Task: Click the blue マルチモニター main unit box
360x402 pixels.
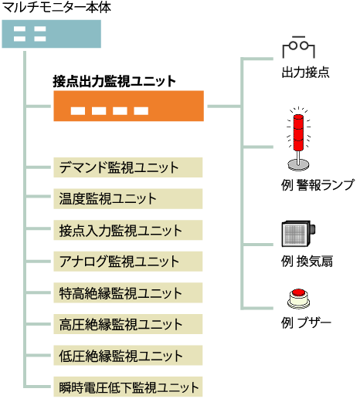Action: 52,34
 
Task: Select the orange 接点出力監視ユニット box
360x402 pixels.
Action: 128,106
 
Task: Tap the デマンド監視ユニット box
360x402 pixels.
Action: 128,167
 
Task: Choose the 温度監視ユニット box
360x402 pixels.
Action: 128,199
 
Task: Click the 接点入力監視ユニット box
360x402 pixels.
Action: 128,230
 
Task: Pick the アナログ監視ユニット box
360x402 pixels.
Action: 128,262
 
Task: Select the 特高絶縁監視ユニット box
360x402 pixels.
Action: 128,292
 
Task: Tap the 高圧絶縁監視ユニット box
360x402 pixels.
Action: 128,324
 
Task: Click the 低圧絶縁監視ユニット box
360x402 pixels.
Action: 128,356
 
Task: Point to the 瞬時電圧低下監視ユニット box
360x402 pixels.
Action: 128,387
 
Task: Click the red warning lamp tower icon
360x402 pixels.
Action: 299,139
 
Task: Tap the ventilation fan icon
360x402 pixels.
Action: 298,234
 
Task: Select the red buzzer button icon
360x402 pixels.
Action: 298,299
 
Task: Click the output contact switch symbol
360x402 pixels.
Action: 299,47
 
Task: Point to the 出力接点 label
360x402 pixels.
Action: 306,73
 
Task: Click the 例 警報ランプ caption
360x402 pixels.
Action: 318,185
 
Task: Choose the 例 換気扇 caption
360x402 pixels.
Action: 307,262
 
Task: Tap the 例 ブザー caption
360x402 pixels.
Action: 306,323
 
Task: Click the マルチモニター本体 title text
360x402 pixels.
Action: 56,7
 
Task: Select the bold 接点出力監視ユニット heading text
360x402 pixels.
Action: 114,81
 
